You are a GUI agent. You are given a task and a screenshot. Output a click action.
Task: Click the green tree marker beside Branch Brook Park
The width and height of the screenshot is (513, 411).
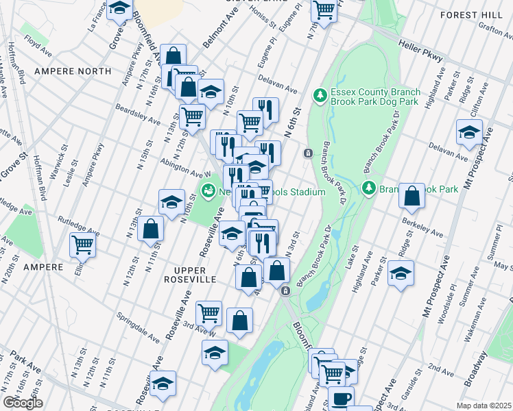[368, 188]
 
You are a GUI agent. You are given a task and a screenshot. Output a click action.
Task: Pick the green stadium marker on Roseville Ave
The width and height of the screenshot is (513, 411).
[207, 192]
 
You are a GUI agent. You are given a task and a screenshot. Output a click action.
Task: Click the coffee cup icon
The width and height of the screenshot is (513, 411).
[341, 397]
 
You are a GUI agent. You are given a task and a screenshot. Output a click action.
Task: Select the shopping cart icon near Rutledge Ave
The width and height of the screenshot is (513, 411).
[83, 244]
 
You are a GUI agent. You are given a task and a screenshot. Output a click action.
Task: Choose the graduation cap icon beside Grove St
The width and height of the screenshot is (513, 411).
[120, 10]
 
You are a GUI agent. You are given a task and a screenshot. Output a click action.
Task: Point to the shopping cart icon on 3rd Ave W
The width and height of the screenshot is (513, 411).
[208, 313]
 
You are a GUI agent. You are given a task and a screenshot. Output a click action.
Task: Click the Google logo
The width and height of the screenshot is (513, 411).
[23, 403]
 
